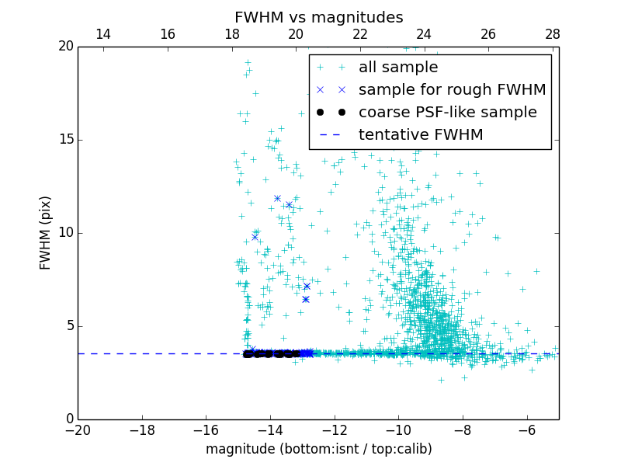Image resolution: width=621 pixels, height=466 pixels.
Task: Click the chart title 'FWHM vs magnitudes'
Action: click(x=318, y=17)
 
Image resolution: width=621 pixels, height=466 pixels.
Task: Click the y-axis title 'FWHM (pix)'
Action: click(x=46, y=232)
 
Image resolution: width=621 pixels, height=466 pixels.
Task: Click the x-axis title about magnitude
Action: click(x=318, y=449)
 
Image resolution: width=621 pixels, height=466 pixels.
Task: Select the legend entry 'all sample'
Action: click(x=397, y=68)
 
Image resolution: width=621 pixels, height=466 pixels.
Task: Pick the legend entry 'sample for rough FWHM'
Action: click(x=452, y=90)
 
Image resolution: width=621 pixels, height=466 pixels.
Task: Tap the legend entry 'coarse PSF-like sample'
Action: click(x=447, y=113)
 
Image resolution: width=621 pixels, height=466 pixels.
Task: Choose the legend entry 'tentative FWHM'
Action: click(x=421, y=135)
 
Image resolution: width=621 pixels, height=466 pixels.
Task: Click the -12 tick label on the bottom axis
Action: click(x=334, y=429)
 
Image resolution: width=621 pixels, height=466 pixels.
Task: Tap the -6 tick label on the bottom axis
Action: click(x=526, y=429)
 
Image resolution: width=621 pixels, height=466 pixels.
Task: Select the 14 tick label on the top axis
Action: click(x=102, y=34)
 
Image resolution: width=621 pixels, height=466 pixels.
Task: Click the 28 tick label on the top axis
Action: click(x=553, y=34)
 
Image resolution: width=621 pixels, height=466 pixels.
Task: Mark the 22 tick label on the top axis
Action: click(x=360, y=34)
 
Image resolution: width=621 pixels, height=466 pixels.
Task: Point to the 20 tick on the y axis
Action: click(x=65, y=47)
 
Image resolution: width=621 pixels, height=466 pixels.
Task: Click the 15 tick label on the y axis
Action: click(x=65, y=140)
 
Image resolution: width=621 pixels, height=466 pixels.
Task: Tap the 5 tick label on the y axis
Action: click(x=68, y=325)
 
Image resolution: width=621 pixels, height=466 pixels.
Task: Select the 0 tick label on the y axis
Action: click(x=68, y=419)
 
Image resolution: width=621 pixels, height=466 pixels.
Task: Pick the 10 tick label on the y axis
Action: click(x=65, y=233)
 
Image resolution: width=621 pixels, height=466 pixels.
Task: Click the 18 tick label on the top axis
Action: click(x=231, y=34)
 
